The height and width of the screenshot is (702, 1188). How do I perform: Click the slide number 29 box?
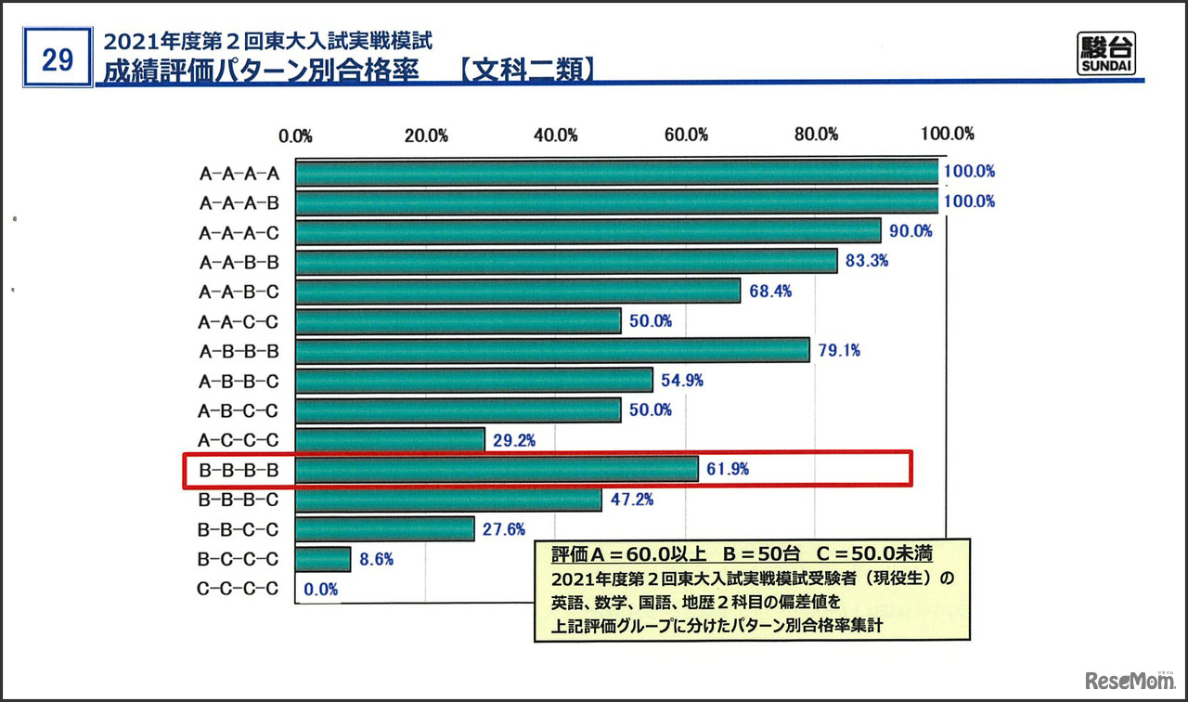(x=58, y=59)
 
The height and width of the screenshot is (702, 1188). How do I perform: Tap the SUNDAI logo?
(x=1107, y=56)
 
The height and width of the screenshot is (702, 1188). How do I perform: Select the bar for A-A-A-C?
(x=588, y=231)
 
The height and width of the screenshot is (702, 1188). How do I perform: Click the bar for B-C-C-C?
(x=323, y=559)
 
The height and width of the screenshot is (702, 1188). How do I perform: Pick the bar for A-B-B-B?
(x=552, y=350)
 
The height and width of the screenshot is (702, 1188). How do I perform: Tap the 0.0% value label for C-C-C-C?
(x=320, y=589)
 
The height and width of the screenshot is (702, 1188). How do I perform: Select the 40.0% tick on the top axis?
(x=556, y=135)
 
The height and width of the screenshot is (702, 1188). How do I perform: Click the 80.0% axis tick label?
(x=816, y=135)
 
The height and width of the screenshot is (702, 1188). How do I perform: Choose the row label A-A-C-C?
(x=239, y=321)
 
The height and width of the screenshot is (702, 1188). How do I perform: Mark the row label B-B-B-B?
(x=239, y=470)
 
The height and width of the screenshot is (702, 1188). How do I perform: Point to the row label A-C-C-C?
(x=239, y=440)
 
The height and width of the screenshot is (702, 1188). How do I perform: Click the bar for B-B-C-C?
(x=385, y=529)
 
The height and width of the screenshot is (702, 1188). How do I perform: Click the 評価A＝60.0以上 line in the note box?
(x=742, y=554)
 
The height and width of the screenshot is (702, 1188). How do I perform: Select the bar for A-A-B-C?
(x=518, y=291)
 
